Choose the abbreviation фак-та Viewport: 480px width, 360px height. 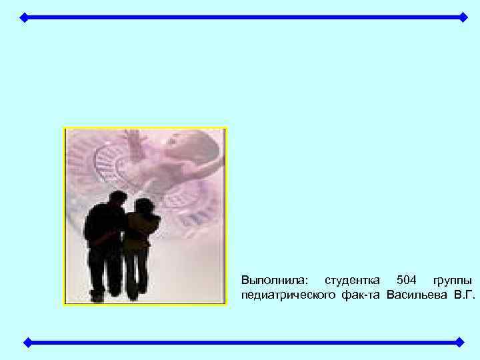point(360,295)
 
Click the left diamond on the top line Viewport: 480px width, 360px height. point(23,17)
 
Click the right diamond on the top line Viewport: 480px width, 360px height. point(463,17)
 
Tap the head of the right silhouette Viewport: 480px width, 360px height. point(143,206)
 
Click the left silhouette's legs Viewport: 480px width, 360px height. point(107,273)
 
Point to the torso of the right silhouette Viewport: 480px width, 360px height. point(141,230)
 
